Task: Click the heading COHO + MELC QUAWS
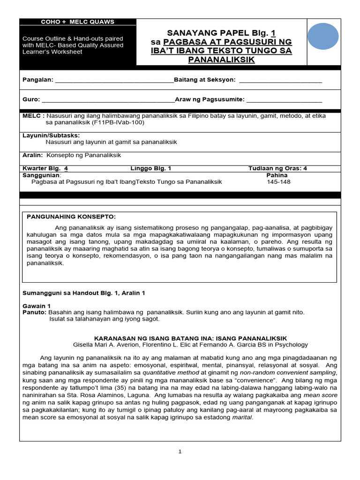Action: (x=78, y=22)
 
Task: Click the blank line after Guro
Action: (x=108, y=100)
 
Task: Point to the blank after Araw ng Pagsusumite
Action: (x=284, y=100)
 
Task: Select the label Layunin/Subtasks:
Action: (x=52, y=135)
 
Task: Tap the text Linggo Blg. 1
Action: (x=150, y=168)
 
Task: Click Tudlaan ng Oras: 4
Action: (x=277, y=168)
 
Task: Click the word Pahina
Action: (x=277, y=175)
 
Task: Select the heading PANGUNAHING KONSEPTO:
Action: (x=71, y=217)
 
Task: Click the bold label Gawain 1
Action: (x=36, y=306)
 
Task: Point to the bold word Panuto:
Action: (x=34, y=312)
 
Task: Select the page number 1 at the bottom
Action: (x=180, y=451)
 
